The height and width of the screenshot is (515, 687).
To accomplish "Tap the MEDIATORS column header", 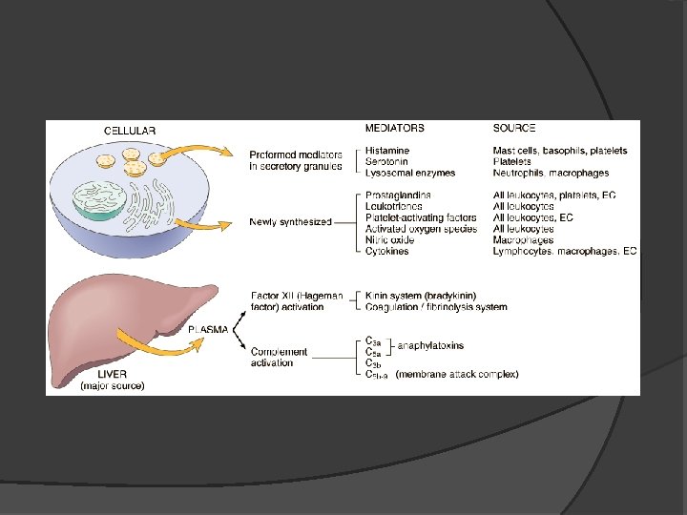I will point(395,128).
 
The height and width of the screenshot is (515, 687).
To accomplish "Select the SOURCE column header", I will point(514,128).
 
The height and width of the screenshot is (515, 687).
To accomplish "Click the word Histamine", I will point(387,151).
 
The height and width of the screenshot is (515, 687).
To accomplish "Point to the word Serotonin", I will point(387,162).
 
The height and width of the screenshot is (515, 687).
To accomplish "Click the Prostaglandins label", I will point(398,196).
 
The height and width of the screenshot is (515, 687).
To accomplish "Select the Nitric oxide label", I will point(391,240).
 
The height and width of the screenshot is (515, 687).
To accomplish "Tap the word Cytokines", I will point(387,252).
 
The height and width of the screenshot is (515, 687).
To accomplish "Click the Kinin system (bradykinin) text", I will point(421,296).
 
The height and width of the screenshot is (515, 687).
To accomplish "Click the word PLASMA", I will point(207,329).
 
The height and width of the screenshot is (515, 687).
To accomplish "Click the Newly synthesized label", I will point(290,222).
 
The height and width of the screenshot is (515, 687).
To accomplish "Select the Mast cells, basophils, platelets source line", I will point(560,151).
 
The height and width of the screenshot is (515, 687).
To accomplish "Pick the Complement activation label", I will point(279,357).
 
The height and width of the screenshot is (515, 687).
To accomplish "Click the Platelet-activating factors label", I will point(421,217).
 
